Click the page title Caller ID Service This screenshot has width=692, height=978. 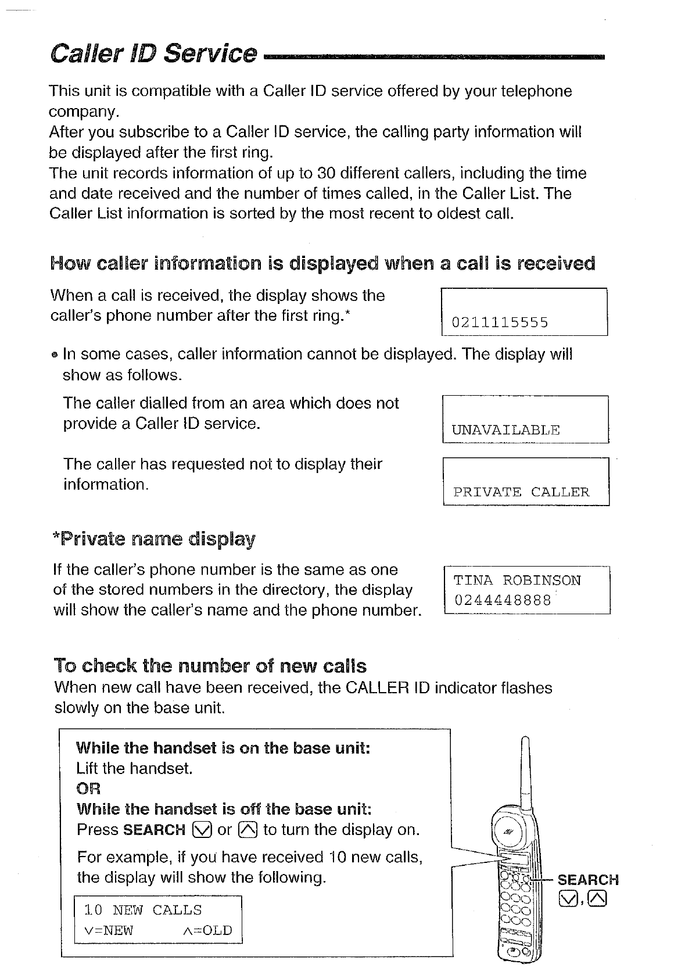[x=153, y=53]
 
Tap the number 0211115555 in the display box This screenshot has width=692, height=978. [x=500, y=323]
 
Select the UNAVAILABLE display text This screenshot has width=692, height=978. [x=505, y=430]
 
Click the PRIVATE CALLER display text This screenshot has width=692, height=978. [x=521, y=492]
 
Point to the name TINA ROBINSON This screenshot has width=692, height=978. [x=517, y=581]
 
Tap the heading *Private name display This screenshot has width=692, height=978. [x=154, y=539]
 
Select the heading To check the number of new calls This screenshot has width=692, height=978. [x=210, y=665]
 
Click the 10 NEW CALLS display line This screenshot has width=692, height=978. [x=143, y=910]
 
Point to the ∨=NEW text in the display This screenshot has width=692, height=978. [x=109, y=930]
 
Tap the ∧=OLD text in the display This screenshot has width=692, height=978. [x=207, y=930]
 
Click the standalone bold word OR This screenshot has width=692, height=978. [x=88, y=789]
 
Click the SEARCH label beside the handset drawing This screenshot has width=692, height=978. [x=588, y=880]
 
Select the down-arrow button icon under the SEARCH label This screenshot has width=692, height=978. [x=566, y=899]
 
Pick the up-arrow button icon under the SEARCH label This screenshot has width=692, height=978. [x=597, y=899]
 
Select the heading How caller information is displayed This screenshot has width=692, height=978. [x=322, y=264]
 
